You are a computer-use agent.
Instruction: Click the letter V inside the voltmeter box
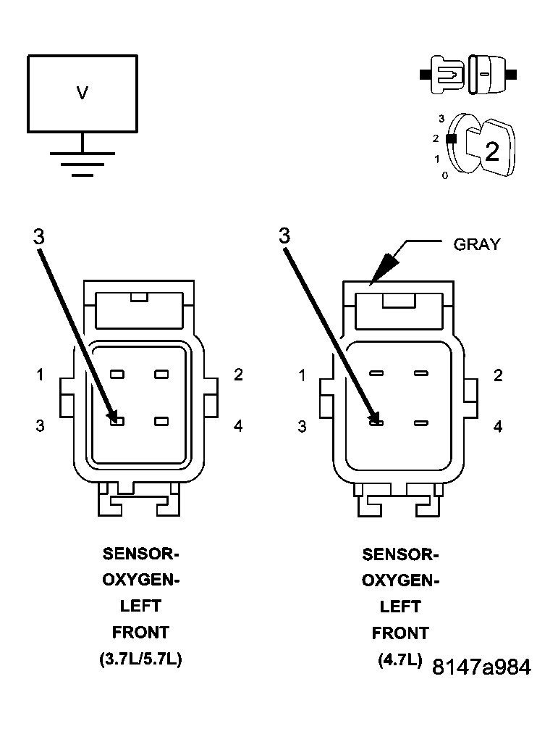click(83, 93)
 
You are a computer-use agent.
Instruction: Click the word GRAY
click(476, 244)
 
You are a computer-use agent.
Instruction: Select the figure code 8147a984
click(481, 668)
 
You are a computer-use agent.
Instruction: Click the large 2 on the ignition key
click(491, 151)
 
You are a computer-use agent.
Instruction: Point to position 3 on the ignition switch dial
click(441, 118)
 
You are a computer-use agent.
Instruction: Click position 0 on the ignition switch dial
click(445, 175)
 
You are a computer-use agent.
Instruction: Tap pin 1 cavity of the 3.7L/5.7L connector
click(117, 375)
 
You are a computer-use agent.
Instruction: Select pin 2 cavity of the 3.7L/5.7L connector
click(161, 375)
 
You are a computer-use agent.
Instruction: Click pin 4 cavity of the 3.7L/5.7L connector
click(161, 421)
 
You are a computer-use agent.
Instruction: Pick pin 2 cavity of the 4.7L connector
click(420, 374)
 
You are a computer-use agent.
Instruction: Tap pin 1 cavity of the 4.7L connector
click(376, 374)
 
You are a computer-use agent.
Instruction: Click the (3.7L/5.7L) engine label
click(140, 660)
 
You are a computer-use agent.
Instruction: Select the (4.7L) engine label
click(400, 660)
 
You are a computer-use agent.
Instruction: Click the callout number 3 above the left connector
click(39, 236)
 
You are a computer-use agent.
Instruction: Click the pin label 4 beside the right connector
click(498, 427)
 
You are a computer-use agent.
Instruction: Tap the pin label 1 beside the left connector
click(41, 375)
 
